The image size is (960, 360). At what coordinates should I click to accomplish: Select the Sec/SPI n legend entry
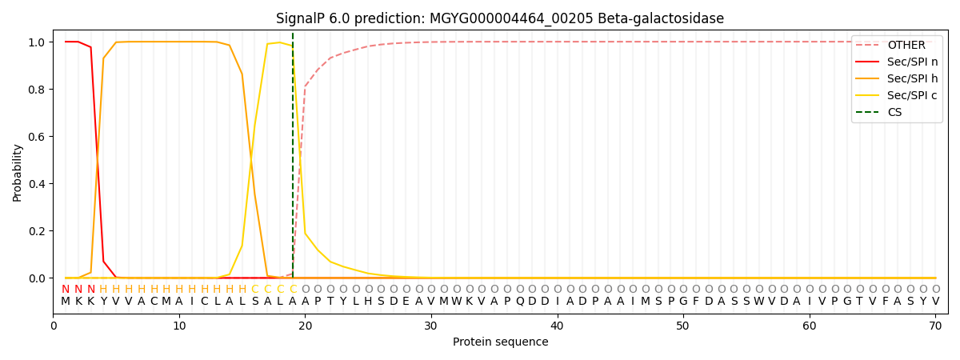[x=912, y=62]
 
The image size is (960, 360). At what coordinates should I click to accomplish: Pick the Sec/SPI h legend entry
[x=912, y=78]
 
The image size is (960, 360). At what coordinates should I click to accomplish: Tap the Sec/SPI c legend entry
[x=912, y=95]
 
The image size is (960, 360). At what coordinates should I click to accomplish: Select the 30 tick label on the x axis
[x=431, y=326]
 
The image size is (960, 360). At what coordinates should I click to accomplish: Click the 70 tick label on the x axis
[x=935, y=326]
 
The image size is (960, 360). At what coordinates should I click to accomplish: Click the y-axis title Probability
[x=18, y=172]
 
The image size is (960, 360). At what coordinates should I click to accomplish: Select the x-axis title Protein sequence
[x=500, y=342]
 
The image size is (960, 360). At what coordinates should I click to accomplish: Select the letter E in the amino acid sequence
[x=406, y=301]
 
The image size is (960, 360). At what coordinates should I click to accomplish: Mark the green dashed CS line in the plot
[x=293, y=160]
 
